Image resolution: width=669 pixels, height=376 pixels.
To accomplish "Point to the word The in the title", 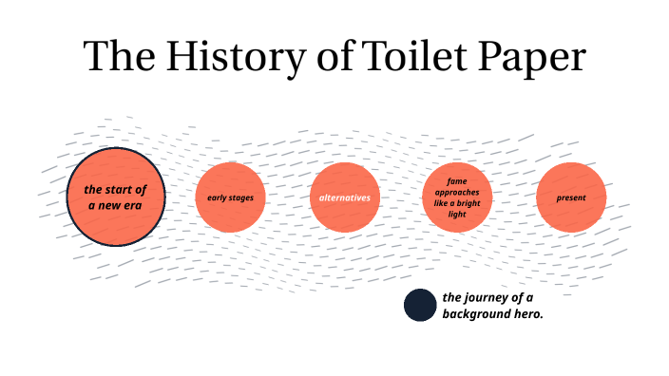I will coord(115,57).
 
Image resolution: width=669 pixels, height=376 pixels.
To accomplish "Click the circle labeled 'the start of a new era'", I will coord(116,197).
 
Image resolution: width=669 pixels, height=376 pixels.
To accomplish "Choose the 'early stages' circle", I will coord(230,197).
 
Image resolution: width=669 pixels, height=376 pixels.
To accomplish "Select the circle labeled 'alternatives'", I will coord(345,197).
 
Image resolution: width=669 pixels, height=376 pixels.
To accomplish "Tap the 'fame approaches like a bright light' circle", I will coord(457,197).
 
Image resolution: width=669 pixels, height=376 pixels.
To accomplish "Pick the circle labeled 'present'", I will coord(571,197).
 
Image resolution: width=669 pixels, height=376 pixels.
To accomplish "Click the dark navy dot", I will coord(420,306).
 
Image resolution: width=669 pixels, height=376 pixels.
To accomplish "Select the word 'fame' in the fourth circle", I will coord(457,180).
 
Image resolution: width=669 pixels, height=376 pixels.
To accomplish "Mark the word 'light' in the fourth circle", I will coord(457,215).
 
